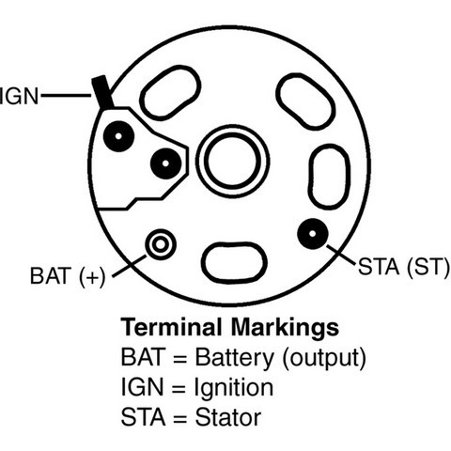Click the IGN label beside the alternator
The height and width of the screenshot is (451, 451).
[19, 96]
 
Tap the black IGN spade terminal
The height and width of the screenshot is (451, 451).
[101, 92]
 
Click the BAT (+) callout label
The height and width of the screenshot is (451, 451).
[68, 276]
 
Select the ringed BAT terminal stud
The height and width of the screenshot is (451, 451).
[161, 244]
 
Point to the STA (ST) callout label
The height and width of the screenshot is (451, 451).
[403, 267]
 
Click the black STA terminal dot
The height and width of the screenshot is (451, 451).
[313, 234]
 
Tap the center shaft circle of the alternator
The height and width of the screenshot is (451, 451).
[232, 161]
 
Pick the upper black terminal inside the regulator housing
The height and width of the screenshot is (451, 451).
[118, 136]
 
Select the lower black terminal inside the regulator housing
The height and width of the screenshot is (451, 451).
[166, 163]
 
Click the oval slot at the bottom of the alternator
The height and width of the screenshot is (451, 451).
[234, 262]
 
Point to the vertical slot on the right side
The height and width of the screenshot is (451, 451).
[330, 177]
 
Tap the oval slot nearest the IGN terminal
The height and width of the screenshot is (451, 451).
[170, 93]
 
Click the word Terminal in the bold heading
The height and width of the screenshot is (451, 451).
[172, 327]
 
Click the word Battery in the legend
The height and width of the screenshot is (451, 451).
[235, 359]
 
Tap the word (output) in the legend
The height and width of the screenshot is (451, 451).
[324, 359]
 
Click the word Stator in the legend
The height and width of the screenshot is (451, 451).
[228, 417]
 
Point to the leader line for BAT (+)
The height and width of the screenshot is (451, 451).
[130, 266]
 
